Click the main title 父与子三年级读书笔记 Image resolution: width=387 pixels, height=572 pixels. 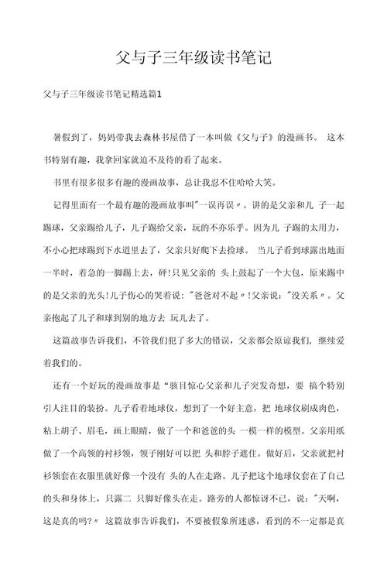pos(193,57)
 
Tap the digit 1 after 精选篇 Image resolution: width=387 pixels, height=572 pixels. pos(159,94)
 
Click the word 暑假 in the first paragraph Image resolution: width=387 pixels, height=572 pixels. pos(63,139)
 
